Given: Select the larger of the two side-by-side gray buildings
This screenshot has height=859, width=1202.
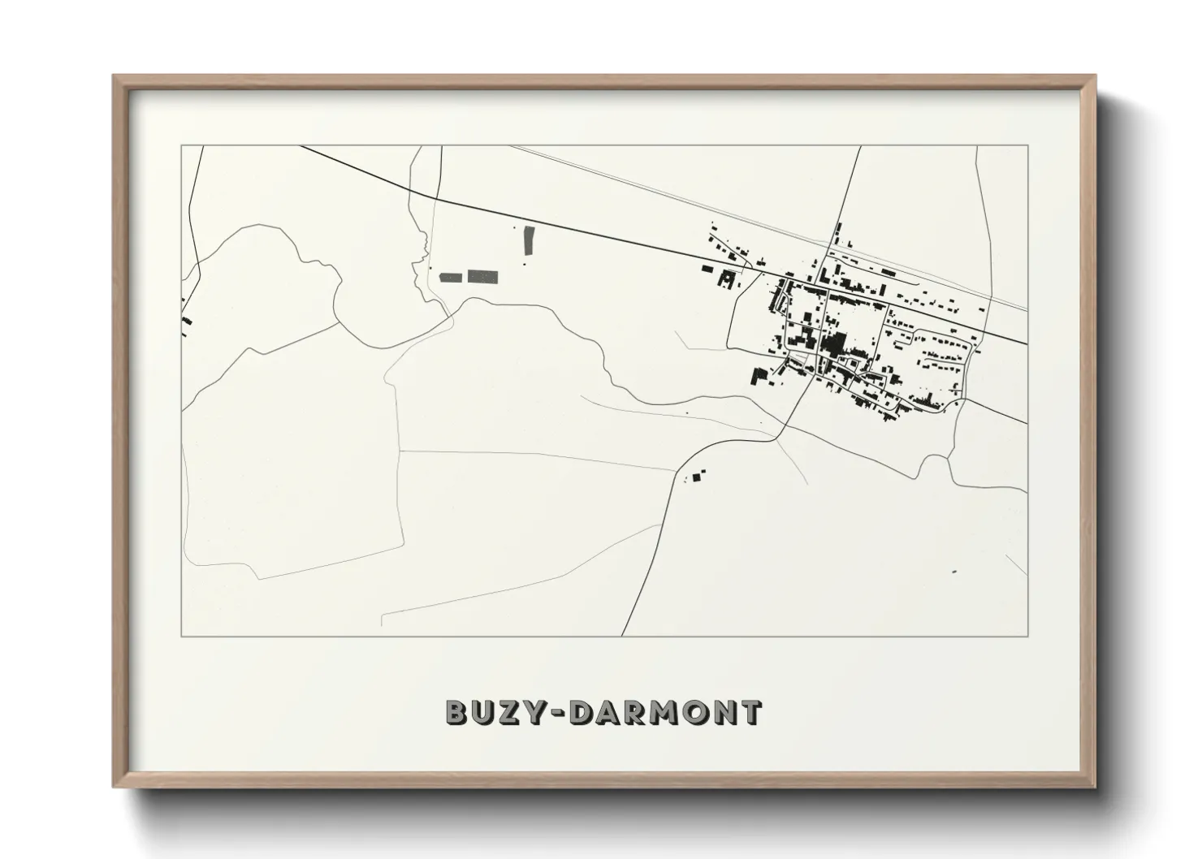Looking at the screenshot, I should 482,277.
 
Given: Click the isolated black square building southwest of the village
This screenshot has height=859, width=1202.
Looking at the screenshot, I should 697,477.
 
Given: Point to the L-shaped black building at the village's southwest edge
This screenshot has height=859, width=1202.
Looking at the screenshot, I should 760,376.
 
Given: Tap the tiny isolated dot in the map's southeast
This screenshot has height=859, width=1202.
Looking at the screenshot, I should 953,572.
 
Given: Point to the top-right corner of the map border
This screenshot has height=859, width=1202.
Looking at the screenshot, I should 1028,146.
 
